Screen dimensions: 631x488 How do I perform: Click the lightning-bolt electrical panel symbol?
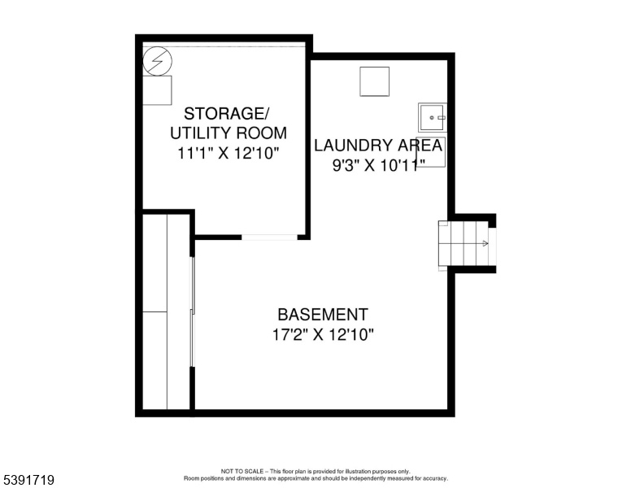point(158,61)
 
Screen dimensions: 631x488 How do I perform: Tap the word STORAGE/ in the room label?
point(226,114)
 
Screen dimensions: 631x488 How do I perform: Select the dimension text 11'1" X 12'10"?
point(228,154)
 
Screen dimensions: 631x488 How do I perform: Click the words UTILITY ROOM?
point(228,133)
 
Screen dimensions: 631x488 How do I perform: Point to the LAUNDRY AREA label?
point(378,146)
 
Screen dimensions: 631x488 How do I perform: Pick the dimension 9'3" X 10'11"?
point(379,165)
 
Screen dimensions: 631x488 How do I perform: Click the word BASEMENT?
point(323,315)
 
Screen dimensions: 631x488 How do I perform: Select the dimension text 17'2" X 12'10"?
point(323,334)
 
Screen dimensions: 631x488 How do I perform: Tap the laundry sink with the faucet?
point(433,117)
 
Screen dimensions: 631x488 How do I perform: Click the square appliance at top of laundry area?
point(375,81)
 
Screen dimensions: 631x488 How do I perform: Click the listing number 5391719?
point(29,480)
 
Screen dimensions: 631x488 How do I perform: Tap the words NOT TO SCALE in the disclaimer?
point(242,471)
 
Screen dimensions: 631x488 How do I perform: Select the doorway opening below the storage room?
point(269,237)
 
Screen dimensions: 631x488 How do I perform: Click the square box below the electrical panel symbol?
point(158,90)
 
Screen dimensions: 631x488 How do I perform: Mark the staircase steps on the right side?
point(463,243)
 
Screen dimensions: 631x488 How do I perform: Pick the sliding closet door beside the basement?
point(193,312)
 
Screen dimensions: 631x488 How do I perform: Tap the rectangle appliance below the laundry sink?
point(431,152)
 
